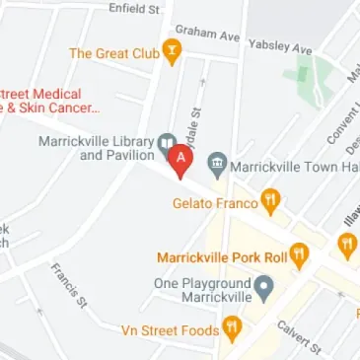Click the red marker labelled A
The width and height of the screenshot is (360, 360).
(x=180, y=159)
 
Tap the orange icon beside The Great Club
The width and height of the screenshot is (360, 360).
(x=173, y=52)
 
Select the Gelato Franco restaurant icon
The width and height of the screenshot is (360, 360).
(x=270, y=203)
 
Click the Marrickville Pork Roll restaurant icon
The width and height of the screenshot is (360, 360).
(x=299, y=256)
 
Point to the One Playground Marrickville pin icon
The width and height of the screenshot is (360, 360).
(x=263, y=288)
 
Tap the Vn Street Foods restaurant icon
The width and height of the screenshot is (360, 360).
(x=232, y=329)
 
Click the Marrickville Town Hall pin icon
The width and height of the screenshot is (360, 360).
(x=217, y=166)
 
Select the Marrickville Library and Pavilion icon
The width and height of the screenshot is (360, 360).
(x=167, y=144)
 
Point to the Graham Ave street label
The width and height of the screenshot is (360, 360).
(x=207, y=33)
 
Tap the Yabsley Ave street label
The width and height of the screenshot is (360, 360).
(x=280, y=46)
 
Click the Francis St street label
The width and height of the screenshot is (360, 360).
(x=69, y=283)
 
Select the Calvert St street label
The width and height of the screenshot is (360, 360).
(x=299, y=336)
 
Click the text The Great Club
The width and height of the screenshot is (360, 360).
(x=114, y=53)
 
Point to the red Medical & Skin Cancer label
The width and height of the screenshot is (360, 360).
(x=48, y=100)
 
